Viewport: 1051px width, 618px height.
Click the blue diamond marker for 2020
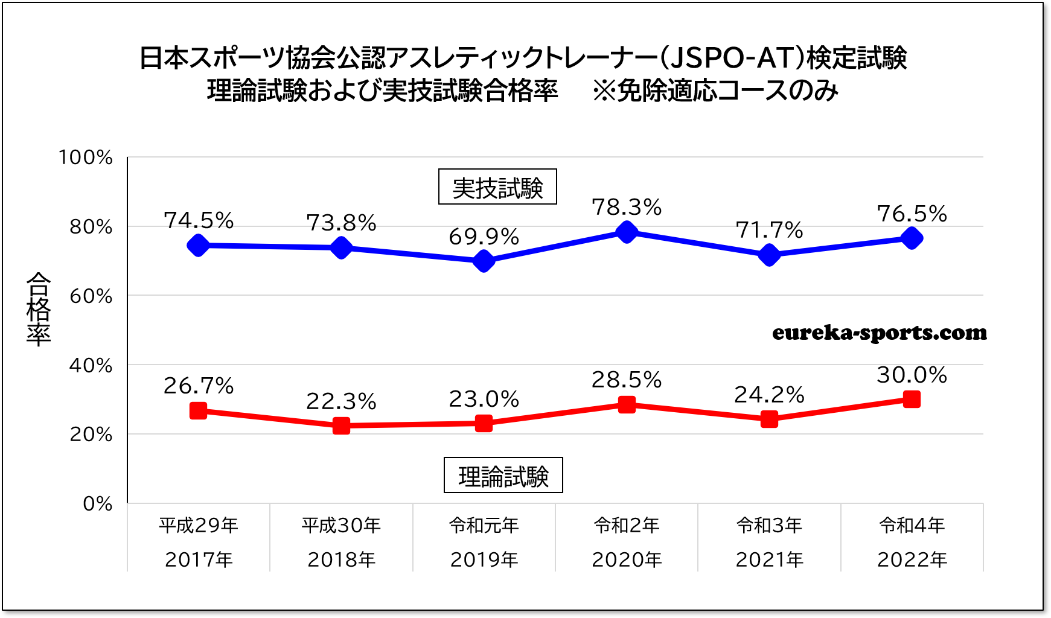(627, 232)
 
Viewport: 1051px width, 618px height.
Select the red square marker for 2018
(341, 425)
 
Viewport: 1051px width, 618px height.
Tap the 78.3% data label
(627, 208)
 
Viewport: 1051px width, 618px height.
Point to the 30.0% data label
(912, 375)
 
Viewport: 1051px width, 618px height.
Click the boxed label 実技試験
(497, 187)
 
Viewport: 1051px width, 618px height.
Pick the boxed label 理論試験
(503, 476)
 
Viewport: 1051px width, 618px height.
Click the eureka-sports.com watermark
(879, 333)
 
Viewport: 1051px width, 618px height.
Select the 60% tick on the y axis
(91, 296)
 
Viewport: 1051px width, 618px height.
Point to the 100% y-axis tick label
(86, 158)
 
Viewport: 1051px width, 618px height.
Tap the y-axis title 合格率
(39, 309)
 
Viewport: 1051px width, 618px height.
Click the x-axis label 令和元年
(484, 526)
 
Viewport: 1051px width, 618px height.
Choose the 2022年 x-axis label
(912, 560)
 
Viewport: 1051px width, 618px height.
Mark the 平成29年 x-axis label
(199, 526)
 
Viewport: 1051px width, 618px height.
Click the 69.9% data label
(484, 237)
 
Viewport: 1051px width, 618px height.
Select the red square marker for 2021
(769, 419)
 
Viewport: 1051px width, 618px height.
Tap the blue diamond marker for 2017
(198, 245)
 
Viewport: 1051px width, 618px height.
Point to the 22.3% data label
(341, 401)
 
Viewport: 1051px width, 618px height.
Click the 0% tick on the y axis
(98, 503)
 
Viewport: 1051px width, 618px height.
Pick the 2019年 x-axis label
(484, 560)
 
